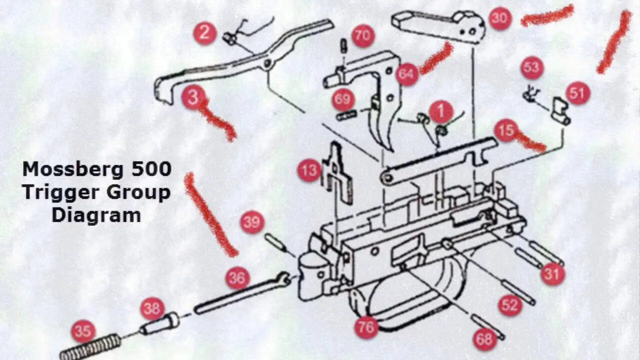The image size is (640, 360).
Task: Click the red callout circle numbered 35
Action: coord(83,331)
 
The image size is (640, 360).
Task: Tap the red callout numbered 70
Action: coord(363,36)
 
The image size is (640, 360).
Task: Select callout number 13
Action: coord(309,171)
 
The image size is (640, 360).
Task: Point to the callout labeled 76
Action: coord(366,328)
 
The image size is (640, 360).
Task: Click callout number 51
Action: coord(578,93)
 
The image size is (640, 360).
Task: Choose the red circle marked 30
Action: coord(500,18)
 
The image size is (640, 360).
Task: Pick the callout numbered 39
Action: coord(252,222)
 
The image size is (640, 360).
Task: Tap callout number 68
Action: coord(484,339)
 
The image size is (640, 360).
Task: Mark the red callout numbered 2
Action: coord(204,33)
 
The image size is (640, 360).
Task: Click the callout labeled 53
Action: coord(531,68)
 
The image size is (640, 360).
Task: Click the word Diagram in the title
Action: coord(96,215)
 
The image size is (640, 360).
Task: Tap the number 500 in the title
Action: coord(151,169)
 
